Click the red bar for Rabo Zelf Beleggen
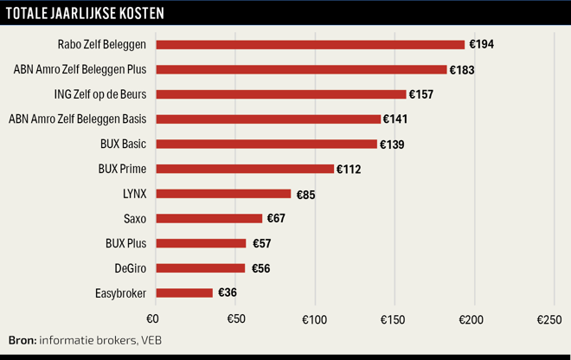310,44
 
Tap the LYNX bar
223,194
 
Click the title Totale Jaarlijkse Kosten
85,15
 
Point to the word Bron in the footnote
22,340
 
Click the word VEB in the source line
150,340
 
